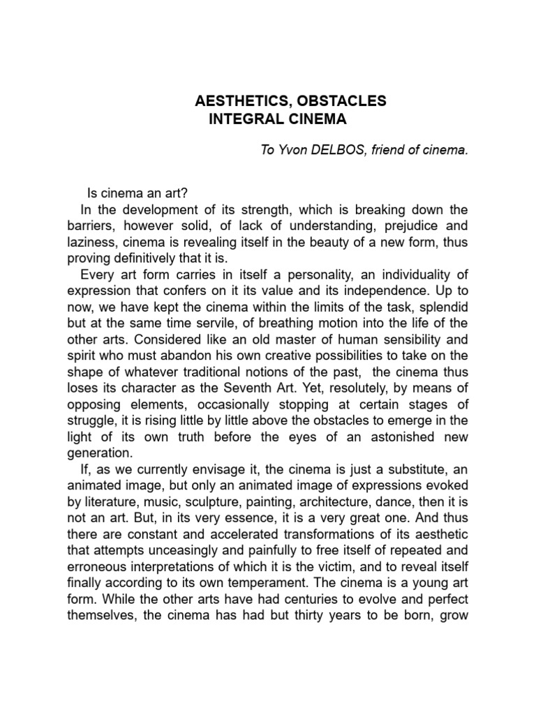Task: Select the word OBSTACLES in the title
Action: tap(345, 102)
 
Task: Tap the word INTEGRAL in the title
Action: tap(246, 119)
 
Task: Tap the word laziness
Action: tap(91, 241)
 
